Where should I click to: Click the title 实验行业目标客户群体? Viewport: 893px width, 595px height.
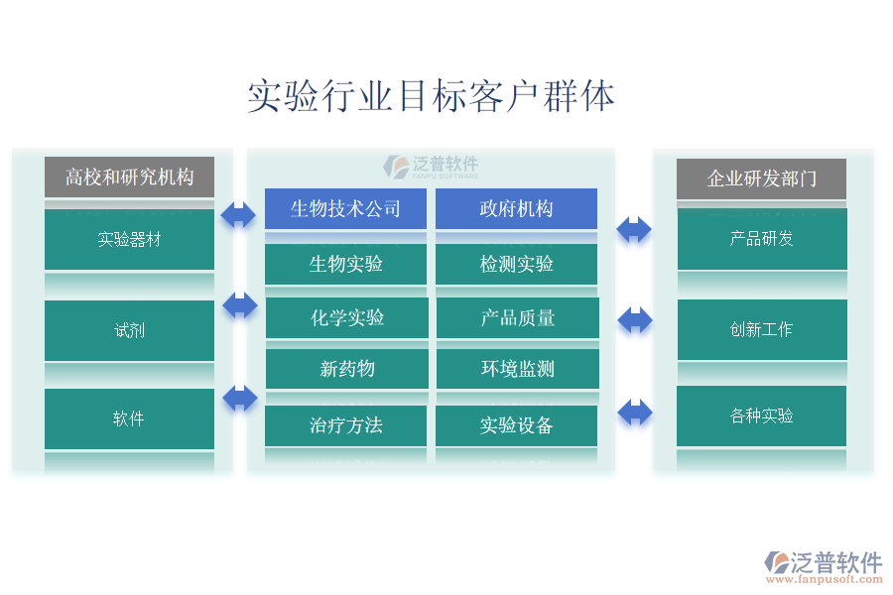[x=432, y=95]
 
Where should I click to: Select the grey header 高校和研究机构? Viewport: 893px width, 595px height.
[x=129, y=178]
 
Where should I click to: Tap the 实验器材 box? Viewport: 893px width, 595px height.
[x=129, y=239]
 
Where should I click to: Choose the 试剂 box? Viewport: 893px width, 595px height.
[x=129, y=330]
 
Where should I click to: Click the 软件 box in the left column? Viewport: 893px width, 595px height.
[x=129, y=418]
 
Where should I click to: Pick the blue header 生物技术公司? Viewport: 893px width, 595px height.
[x=345, y=209]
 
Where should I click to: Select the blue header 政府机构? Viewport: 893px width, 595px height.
[x=517, y=209]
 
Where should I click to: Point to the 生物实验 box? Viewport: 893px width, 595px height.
[x=345, y=264]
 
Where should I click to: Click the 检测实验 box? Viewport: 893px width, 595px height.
[x=517, y=264]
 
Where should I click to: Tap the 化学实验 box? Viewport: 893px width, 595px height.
[x=347, y=317]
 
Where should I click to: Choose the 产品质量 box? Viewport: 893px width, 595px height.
[x=518, y=317]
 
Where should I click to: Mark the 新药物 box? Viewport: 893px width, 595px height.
[x=347, y=368]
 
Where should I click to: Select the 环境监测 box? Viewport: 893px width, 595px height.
[x=518, y=368]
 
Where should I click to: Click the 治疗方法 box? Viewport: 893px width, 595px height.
[x=345, y=425]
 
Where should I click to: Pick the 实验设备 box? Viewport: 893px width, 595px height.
[x=517, y=425]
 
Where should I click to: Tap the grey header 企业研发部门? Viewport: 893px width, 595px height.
[x=761, y=178]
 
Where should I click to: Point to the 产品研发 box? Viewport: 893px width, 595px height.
[x=762, y=239]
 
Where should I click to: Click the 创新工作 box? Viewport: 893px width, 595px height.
[x=762, y=329]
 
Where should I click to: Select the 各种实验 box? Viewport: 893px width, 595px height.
[x=761, y=416]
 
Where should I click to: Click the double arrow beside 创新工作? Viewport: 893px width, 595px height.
[x=635, y=320]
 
